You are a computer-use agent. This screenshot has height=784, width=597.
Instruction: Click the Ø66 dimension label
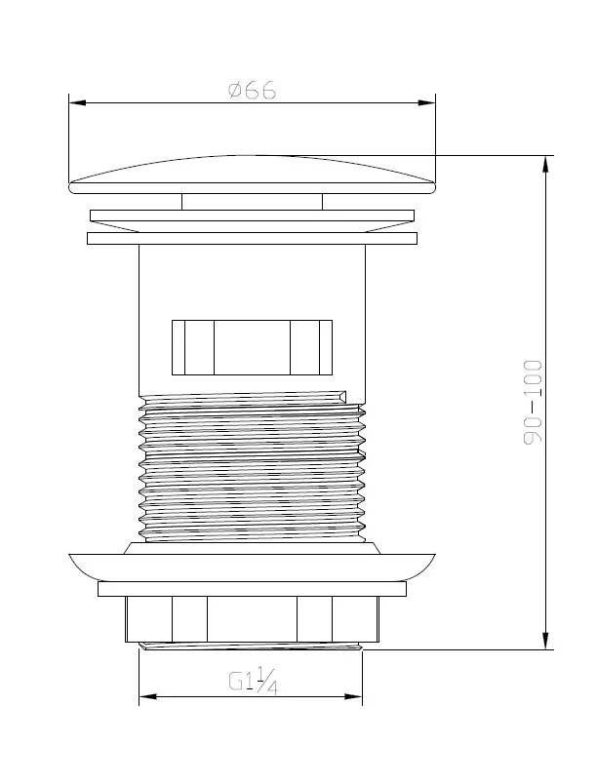click(x=252, y=91)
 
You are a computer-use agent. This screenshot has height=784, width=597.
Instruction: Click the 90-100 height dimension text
click(x=533, y=402)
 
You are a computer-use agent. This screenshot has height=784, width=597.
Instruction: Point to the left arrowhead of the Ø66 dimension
click(x=77, y=103)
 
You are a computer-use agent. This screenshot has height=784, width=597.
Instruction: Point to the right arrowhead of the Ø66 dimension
click(x=426, y=103)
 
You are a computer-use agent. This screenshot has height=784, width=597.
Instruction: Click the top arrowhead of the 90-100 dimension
click(x=545, y=165)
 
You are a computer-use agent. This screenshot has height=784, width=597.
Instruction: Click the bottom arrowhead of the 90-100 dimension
click(x=545, y=641)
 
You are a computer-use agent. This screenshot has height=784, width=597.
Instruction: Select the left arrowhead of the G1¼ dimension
click(x=148, y=696)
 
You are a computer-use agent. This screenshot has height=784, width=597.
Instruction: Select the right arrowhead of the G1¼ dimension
click(x=353, y=696)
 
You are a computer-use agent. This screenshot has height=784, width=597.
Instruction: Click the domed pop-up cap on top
click(x=252, y=175)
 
